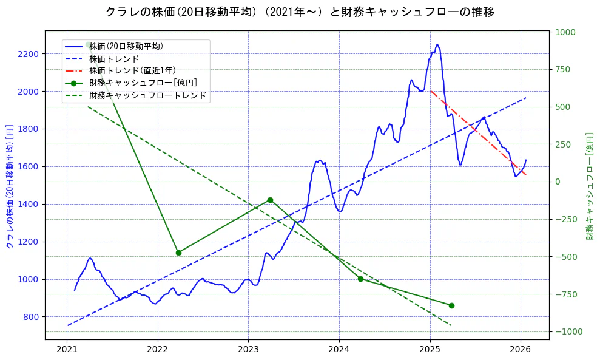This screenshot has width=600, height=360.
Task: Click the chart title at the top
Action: pos(300,12)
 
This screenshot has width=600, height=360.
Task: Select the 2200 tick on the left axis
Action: pos(29,54)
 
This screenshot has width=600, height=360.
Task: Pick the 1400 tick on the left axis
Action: pos(29,204)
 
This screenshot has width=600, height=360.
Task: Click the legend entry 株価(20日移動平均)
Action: pos(126,46)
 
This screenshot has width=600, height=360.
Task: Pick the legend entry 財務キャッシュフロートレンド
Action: pos(147,95)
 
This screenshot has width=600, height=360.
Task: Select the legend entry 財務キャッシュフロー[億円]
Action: pos(143,83)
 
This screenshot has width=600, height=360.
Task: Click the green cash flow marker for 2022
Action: pos(178,253)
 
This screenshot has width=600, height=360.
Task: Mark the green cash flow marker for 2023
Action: pos(270,200)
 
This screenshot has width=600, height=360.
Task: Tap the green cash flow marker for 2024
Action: pos(360,279)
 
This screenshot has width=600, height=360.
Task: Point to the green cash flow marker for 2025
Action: pos(451,305)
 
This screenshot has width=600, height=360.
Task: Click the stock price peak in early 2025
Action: pos(437,44)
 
